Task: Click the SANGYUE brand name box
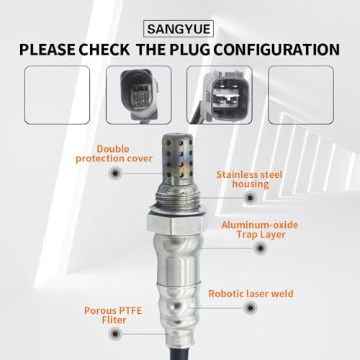[x=180, y=30]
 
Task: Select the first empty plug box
[x=58, y=95]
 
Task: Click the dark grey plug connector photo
[x=138, y=95]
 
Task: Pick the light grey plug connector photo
[x=219, y=95]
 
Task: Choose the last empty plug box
[x=300, y=95]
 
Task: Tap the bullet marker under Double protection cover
[x=114, y=174]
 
